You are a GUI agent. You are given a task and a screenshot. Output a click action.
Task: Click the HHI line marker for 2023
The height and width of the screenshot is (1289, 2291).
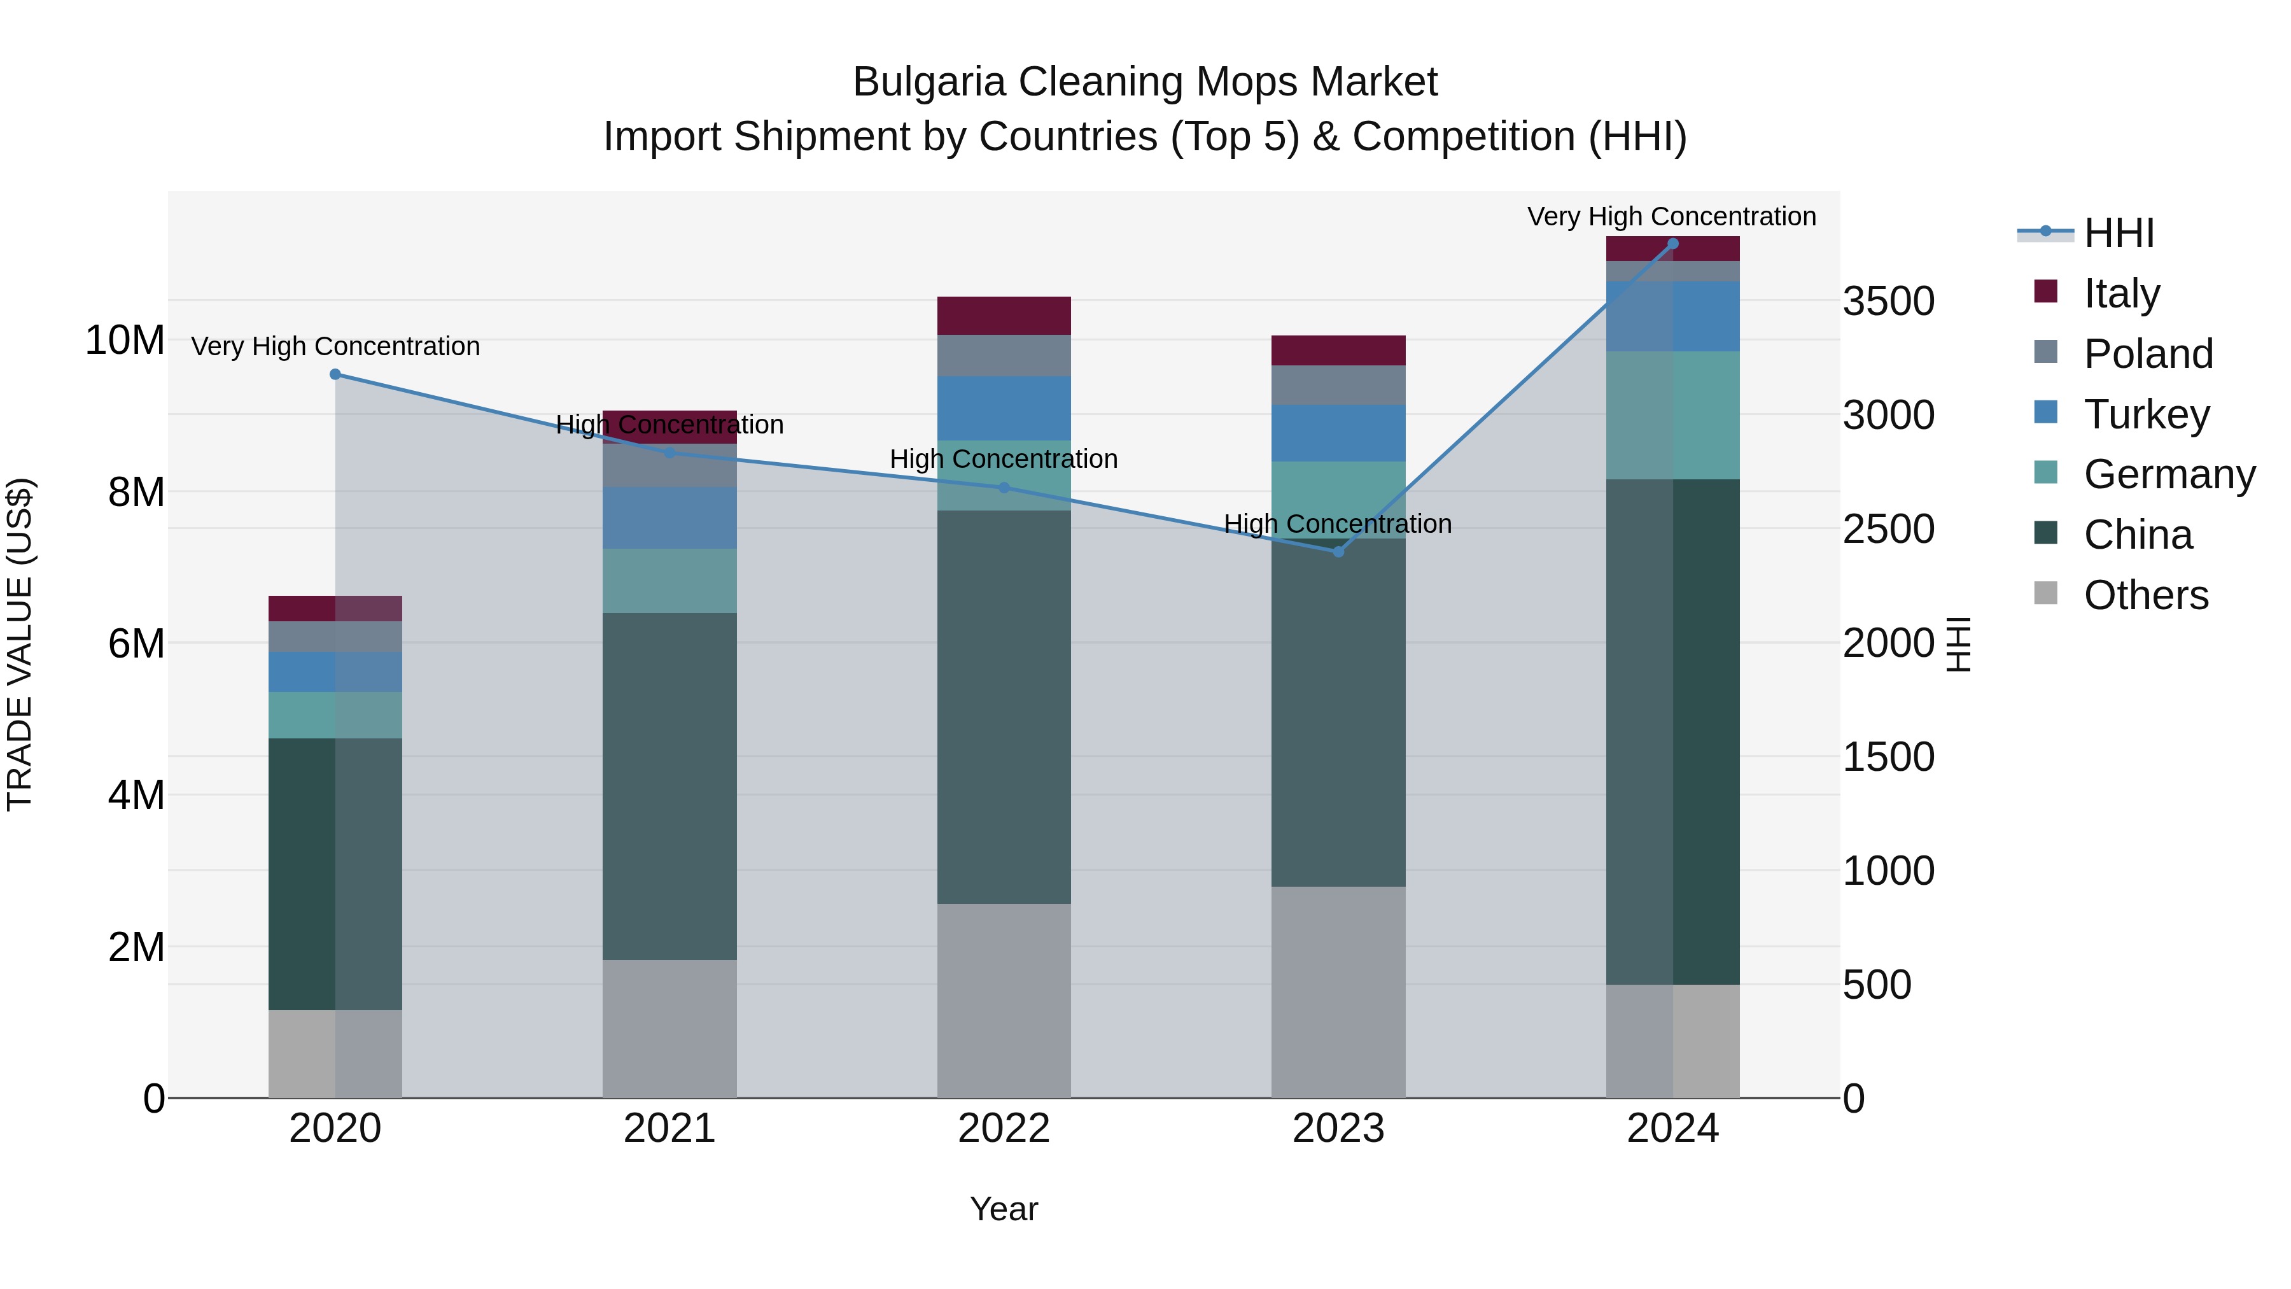pyautogui.click(x=1338, y=551)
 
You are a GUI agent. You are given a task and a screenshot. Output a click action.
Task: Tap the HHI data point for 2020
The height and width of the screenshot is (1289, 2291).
pyautogui.click(x=335, y=374)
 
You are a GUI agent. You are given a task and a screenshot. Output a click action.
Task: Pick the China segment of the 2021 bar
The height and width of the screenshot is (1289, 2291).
pyautogui.click(x=669, y=785)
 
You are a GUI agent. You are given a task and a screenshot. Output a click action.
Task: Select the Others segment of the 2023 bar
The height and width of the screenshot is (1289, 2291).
pyautogui.click(x=1338, y=991)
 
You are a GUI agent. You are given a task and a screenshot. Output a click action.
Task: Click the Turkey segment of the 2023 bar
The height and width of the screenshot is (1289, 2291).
pyautogui.click(x=1338, y=433)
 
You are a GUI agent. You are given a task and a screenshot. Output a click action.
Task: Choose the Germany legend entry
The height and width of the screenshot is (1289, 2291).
pyautogui.click(x=2168, y=474)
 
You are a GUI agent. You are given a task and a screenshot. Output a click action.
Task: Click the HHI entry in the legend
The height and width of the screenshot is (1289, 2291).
pyautogui.click(x=2119, y=233)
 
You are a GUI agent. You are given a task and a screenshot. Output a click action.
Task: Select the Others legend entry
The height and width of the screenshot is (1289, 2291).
pyautogui.click(x=2145, y=595)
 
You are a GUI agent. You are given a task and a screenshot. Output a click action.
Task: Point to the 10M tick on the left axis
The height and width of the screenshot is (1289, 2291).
pyautogui.click(x=125, y=341)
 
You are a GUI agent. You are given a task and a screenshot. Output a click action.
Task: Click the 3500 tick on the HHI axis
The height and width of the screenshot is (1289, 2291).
pyautogui.click(x=1888, y=302)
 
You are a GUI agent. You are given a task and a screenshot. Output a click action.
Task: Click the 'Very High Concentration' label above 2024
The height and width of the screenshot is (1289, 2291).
pyautogui.click(x=1671, y=217)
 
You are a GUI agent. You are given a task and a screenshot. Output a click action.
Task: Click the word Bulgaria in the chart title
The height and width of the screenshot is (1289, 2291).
pyautogui.click(x=930, y=82)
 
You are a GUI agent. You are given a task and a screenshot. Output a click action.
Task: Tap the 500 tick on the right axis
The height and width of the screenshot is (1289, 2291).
pyautogui.click(x=1877, y=985)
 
